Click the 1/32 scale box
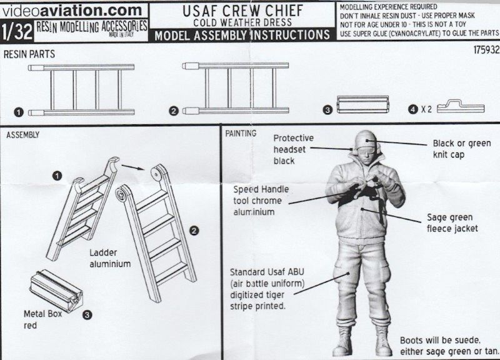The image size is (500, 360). (x=17, y=31)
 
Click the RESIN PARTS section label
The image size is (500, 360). (x=29, y=55)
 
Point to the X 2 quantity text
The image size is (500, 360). (x=426, y=109)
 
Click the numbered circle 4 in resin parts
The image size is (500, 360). (x=412, y=109)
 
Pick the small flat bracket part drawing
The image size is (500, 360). (x=461, y=107)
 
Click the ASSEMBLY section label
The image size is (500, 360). (x=24, y=134)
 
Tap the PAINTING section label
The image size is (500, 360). (x=240, y=133)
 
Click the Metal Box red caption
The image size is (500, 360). (x=42, y=319)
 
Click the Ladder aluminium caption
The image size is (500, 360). (x=109, y=258)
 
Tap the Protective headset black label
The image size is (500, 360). (x=293, y=149)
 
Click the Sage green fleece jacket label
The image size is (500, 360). (x=452, y=223)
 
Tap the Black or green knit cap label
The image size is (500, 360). (x=461, y=149)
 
